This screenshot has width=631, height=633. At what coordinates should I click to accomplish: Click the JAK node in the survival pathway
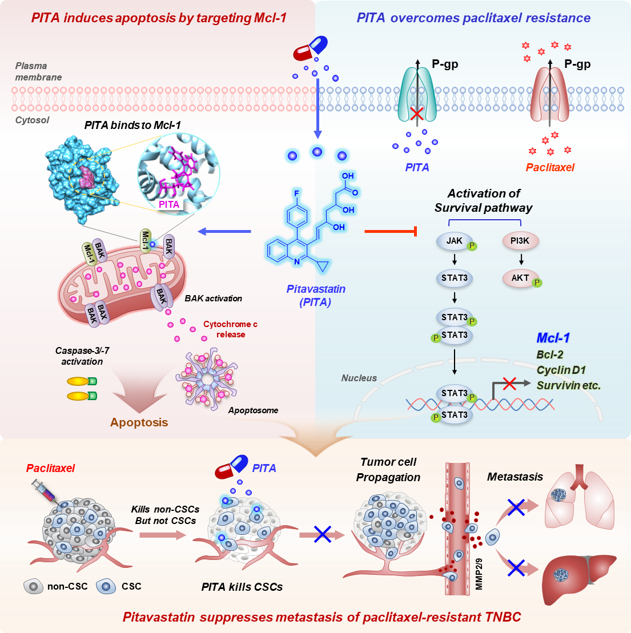tap(455, 241)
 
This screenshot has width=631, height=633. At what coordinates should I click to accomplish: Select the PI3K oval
tap(520, 241)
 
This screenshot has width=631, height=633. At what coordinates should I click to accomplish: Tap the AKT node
tap(520, 278)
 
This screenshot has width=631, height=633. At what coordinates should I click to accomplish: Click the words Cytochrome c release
tap(231, 329)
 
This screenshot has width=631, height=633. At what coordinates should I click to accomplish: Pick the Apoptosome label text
tap(253, 410)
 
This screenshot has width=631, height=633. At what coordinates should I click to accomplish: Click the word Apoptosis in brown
tap(139, 422)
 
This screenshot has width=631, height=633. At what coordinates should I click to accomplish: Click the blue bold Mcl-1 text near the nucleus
tap(553, 338)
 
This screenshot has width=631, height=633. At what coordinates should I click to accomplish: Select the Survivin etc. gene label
tap(568, 385)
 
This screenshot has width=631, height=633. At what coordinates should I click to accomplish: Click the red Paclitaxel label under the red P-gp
tap(550, 168)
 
